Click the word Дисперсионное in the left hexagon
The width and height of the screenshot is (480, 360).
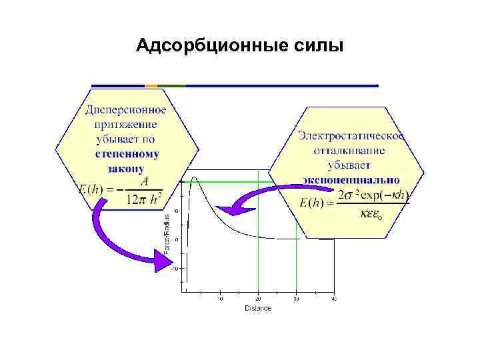tap(126, 109)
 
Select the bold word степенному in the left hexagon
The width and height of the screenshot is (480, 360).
tap(127, 154)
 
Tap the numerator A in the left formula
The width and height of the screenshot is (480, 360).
tap(143, 181)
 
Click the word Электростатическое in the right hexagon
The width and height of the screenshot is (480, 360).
tap(351, 135)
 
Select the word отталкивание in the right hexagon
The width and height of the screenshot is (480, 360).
tap(350, 150)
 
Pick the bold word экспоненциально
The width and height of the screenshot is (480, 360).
tap(351, 179)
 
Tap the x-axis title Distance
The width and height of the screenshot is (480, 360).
tap(258, 308)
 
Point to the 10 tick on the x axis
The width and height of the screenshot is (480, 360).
tap(221, 298)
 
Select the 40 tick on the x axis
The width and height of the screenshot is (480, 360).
tap(334, 298)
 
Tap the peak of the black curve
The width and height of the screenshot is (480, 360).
tap(194, 176)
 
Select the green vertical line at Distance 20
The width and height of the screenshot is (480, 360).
tap(259, 253)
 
